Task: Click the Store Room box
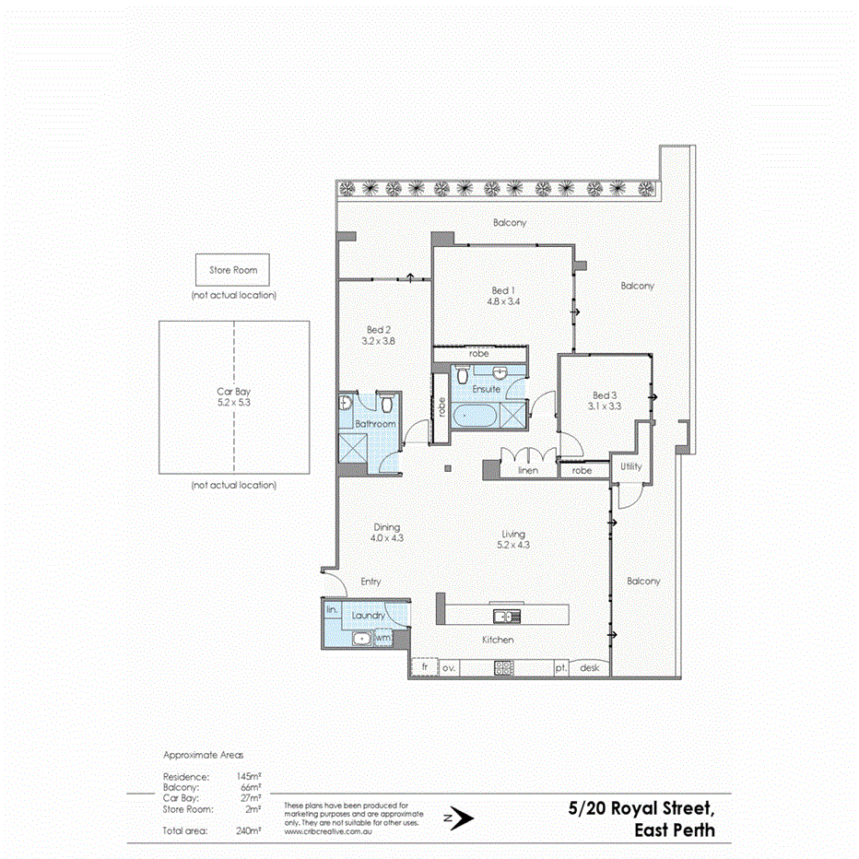click(232, 270)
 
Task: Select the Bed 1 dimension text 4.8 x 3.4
click(504, 300)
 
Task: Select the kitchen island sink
click(505, 616)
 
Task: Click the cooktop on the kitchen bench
click(503, 668)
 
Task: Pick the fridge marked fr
click(425, 666)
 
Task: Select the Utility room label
click(630, 467)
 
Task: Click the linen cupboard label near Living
click(527, 470)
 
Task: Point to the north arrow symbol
click(458, 817)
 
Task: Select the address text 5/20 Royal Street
click(641, 809)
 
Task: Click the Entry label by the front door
click(371, 582)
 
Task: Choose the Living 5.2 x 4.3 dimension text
click(512, 545)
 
